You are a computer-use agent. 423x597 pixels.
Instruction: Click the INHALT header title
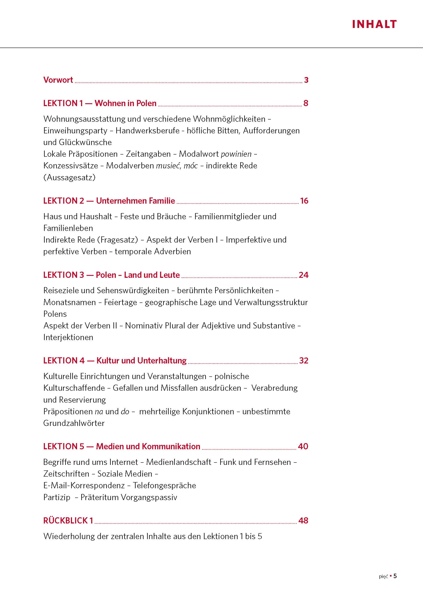[374, 24]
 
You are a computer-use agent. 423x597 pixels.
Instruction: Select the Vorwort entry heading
[58, 80]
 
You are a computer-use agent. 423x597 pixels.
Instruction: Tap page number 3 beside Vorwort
[306, 80]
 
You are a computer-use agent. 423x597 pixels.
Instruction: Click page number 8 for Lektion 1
[306, 103]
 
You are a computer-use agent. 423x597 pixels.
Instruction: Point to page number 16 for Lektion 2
[304, 201]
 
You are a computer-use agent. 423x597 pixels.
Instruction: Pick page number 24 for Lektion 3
[303, 275]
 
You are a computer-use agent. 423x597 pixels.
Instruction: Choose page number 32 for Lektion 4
[304, 361]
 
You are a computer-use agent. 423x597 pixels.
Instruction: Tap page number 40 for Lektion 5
[303, 446]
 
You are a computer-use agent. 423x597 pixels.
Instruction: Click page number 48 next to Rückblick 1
[303, 520]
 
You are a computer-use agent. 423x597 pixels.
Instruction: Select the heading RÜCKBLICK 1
[68, 520]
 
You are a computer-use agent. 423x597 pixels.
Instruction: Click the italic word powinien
[236, 154]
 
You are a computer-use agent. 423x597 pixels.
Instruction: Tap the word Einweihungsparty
[75, 131]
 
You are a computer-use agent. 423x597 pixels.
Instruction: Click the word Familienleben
[68, 228]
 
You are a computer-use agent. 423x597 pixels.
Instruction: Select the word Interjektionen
[68, 337]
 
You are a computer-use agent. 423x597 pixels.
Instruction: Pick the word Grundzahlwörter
[74, 423]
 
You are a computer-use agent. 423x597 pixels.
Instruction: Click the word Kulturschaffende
[74, 388]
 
